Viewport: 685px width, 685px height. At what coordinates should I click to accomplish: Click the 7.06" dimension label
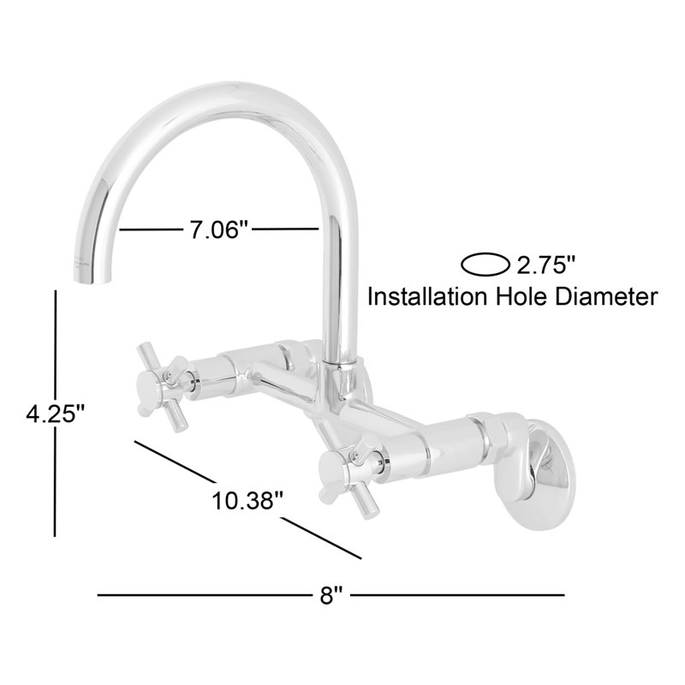click(218, 229)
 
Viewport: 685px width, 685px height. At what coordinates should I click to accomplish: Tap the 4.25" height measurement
click(56, 414)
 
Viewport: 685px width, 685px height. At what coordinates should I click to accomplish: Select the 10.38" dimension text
click(247, 501)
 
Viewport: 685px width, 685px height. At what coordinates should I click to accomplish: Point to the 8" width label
click(331, 594)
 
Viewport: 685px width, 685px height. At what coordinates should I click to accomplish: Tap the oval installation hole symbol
click(485, 265)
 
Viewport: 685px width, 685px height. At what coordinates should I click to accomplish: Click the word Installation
click(426, 297)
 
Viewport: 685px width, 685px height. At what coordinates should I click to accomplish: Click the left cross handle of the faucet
click(163, 387)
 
